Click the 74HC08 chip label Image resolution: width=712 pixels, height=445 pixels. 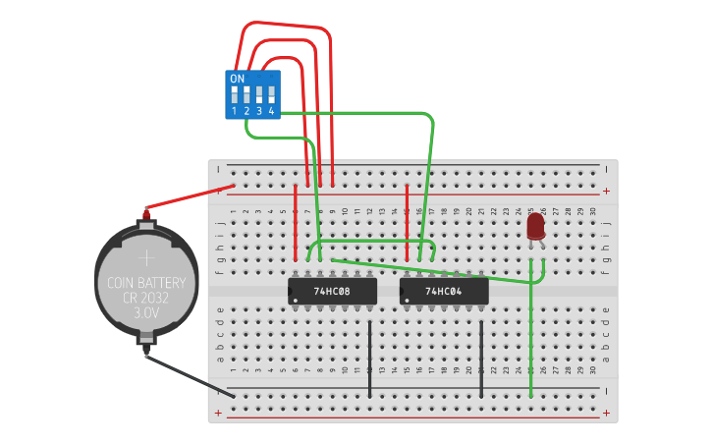pyautogui.click(x=332, y=292)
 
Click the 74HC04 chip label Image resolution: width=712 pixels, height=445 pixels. pyautogui.click(x=444, y=292)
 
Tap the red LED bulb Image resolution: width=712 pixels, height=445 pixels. pyautogui.click(x=535, y=226)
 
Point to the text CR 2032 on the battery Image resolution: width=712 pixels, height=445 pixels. pyautogui.click(x=146, y=299)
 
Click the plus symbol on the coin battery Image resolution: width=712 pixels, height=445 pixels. pyautogui.click(x=146, y=258)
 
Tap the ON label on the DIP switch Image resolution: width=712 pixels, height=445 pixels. pyautogui.click(x=237, y=79)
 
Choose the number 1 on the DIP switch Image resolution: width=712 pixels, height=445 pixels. pyautogui.click(x=234, y=112)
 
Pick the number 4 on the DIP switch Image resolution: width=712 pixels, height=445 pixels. pyautogui.click(x=271, y=112)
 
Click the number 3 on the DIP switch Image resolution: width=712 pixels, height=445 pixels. pyautogui.click(x=258, y=112)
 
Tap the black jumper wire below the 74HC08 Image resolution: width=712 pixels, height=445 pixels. pyautogui.click(x=370, y=359)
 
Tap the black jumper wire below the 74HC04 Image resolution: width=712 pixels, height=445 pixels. pyautogui.click(x=481, y=359)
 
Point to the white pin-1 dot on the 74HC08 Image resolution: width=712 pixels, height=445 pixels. pyautogui.click(x=296, y=300)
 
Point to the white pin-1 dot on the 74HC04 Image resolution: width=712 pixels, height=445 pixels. pyautogui.click(x=408, y=300)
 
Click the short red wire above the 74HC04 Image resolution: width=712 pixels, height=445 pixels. pyautogui.click(x=408, y=221)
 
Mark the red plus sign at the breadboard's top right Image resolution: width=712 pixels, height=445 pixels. pyautogui.click(x=606, y=191)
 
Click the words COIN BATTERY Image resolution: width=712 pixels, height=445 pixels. pyautogui.click(x=146, y=283)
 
